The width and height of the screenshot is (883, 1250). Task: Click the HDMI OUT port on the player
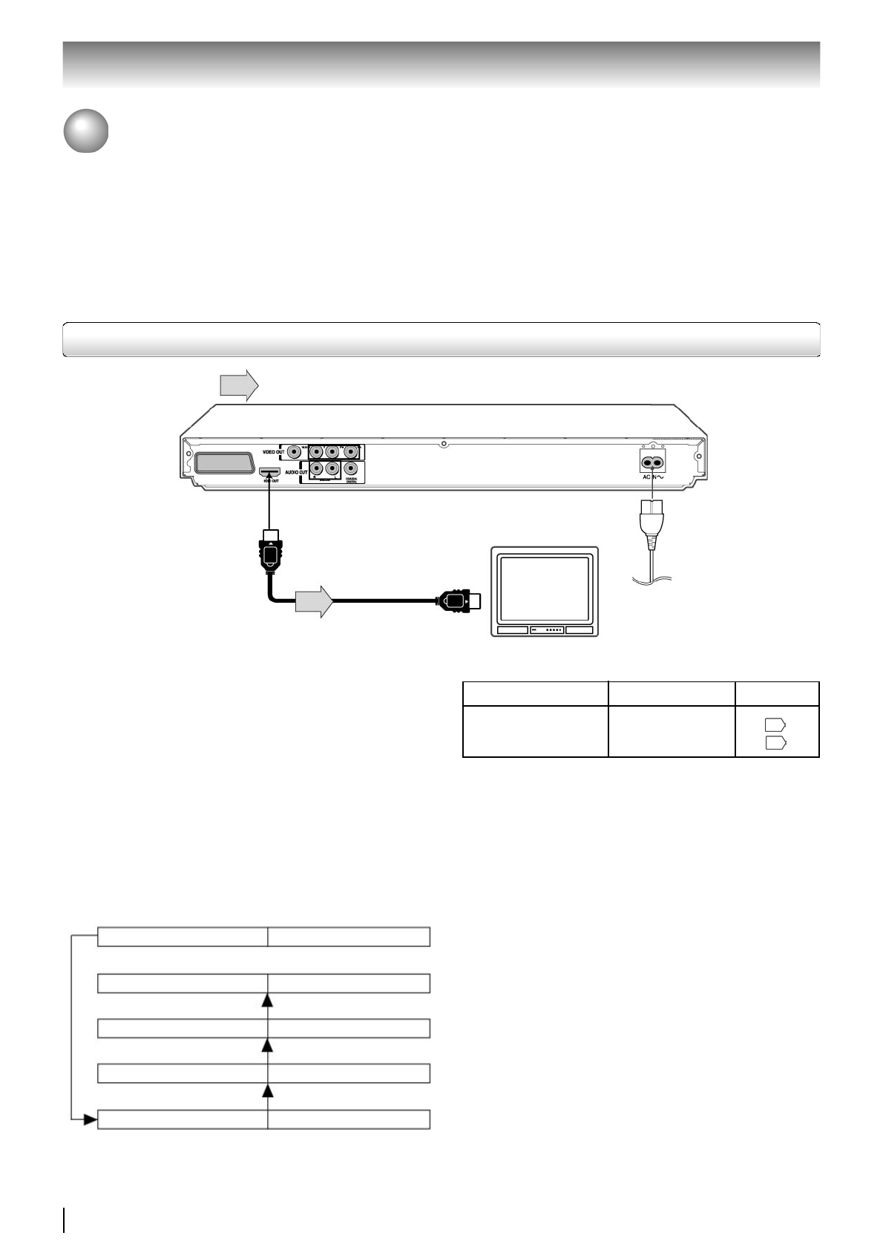pyautogui.click(x=268, y=471)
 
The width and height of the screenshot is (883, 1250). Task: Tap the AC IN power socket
pyautogui.click(x=651, y=462)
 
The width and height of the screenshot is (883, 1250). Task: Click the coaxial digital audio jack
pyautogui.click(x=351, y=469)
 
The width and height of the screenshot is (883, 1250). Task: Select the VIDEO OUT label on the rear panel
pyautogui.click(x=272, y=451)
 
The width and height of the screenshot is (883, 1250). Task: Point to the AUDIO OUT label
pyautogui.click(x=296, y=472)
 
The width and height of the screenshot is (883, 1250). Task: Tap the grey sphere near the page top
pyautogui.click(x=85, y=132)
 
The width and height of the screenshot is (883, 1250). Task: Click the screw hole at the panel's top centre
pyautogui.click(x=443, y=445)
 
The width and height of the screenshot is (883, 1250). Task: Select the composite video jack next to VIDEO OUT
pyautogui.click(x=296, y=451)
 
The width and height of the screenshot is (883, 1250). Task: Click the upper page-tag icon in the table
pyautogui.click(x=775, y=725)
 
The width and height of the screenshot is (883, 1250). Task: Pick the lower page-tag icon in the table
pyautogui.click(x=775, y=742)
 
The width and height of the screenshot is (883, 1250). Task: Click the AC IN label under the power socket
pyautogui.click(x=651, y=477)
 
